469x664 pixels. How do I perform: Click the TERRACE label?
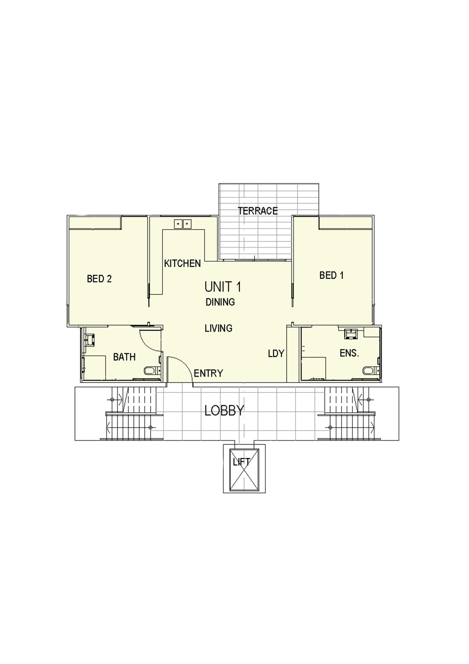coord(258,211)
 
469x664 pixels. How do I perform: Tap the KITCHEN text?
coord(182,263)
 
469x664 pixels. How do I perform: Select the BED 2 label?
coord(99,279)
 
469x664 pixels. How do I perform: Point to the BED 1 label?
coord(331,275)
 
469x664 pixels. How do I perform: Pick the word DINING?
coord(220,302)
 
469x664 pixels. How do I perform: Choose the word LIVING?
coord(218,328)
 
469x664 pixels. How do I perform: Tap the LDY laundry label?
coord(276,353)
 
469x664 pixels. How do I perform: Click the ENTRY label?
coord(208,373)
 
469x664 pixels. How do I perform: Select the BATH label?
coord(124,357)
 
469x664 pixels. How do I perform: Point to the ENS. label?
coord(349,353)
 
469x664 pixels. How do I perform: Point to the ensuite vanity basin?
coord(351,333)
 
